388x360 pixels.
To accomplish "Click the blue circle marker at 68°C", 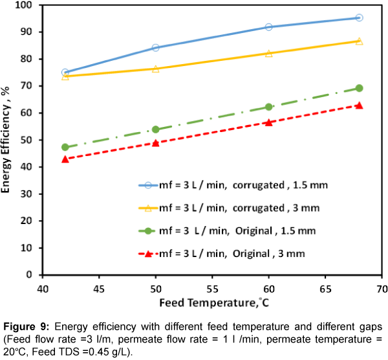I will (x=359, y=17).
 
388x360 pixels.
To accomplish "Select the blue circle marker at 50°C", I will (x=155, y=47).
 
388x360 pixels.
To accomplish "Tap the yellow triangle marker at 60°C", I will (x=268, y=53).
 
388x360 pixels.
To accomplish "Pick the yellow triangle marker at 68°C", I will (x=359, y=41).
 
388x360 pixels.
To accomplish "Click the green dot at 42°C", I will (x=65, y=147).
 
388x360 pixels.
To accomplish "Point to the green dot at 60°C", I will (x=268, y=107).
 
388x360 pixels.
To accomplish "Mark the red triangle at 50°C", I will (x=155, y=142).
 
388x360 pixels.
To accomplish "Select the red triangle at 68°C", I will (x=359, y=105).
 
